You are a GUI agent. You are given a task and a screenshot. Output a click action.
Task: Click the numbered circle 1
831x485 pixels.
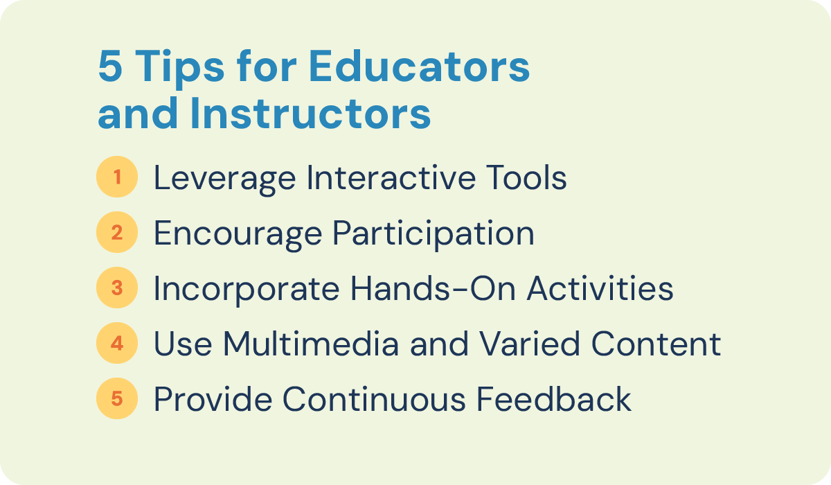click(117, 178)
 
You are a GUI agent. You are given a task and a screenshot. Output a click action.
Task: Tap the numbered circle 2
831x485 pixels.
click(117, 233)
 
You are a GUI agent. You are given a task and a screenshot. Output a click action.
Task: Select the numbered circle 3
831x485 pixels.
click(117, 288)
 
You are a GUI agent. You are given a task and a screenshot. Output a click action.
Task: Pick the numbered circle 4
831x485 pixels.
click(117, 344)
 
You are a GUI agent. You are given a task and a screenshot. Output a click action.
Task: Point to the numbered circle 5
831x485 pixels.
click(117, 399)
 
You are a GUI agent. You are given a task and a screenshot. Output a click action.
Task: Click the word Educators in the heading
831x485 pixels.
click(419, 68)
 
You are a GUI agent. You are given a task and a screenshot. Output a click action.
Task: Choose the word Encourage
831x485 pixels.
click(236, 234)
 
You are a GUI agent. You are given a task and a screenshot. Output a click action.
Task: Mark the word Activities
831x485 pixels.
click(600, 289)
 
